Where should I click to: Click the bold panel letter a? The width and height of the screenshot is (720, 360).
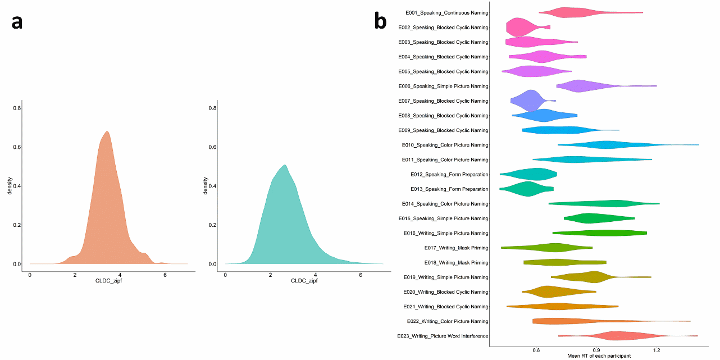pyautogui.click(x=17, y=22)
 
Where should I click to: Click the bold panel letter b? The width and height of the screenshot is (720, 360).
pyautogui.click(x=380, y=21)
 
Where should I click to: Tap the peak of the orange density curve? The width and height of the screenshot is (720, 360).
pyautogui.click(x=107, y=133)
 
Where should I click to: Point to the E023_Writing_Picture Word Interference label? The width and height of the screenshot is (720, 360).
pyautogui.click(x=443, y=336)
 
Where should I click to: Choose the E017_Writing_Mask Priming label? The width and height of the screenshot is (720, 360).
pyautogui.click(x=456, y=248)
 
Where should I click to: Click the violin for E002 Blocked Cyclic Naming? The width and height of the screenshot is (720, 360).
pyautogui.click(x=520, y=28)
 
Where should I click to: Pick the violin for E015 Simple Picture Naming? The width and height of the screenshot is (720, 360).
pyautogui.click(x=590, y=218)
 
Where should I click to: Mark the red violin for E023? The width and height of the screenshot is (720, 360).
pyautogui.click(x=618, y=336)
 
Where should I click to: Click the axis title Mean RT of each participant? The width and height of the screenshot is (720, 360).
pyautogui.click(x=599, y=356)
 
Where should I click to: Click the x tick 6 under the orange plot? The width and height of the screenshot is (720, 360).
pyautogui.click(x=165, y=274)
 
